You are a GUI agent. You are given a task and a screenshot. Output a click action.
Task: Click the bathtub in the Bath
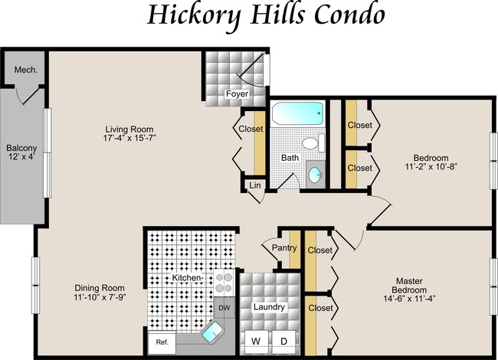pos(297,114)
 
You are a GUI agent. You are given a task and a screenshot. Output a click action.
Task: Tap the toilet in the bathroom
pos(313,142)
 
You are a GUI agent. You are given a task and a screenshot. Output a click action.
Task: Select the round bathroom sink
pos(316,175)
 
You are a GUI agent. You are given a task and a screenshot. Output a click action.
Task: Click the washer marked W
pos(256,342)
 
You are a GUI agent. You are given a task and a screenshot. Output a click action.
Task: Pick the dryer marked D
pos(283,342)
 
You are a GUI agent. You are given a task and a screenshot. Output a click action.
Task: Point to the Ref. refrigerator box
pos(162,342)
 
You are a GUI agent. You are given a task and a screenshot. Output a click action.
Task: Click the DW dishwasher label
pos(224,308)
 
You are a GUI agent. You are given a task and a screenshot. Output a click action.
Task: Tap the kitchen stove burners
pos(224,283)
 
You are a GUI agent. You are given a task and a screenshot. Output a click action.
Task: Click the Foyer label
pos(237,94)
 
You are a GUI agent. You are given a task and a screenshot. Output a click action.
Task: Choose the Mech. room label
pos(26,70)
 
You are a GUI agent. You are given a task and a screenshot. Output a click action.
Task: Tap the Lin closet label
pos(255,185)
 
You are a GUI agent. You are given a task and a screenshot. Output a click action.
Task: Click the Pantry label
pos(284,248)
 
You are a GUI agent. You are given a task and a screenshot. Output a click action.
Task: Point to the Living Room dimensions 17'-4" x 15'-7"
pos(129,138)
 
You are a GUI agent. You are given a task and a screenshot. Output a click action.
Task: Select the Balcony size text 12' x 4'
pos(21,156)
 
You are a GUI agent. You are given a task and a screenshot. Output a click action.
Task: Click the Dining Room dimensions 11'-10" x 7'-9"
pos(100,297)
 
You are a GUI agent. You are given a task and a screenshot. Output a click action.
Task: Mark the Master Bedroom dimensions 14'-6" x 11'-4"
pos(409,299)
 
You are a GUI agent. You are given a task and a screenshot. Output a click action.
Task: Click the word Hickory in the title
pos(196,15)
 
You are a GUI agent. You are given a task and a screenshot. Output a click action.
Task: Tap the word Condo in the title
pos(349,15)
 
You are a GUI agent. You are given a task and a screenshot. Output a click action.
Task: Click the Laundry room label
pos(269,307)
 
